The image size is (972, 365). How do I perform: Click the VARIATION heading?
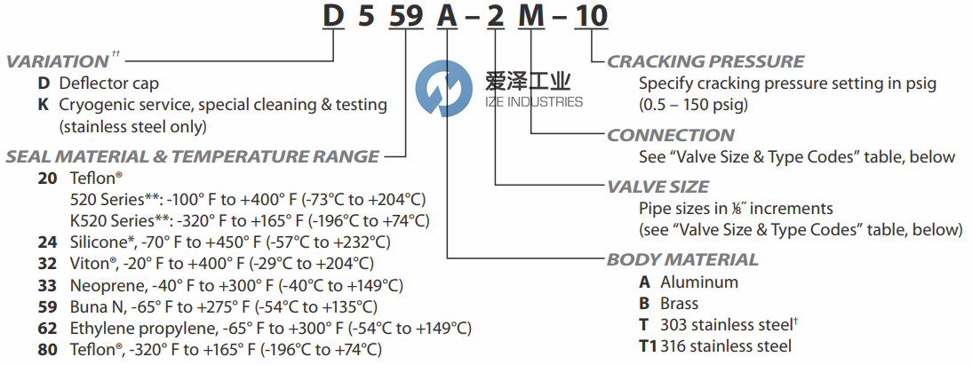pos(57,62)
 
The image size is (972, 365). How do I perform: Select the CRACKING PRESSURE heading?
pos(705,62)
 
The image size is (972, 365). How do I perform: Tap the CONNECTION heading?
pos(671,135)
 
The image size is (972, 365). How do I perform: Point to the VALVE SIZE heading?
pos(657,186)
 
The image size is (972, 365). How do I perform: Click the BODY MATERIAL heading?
pos(682,260)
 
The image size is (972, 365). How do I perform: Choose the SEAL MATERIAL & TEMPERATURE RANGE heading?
pos(192,157)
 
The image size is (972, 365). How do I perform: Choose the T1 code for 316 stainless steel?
pos(648,345)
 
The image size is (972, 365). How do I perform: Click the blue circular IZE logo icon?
pos(442,88)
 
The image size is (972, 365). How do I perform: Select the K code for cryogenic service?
pos(43,105)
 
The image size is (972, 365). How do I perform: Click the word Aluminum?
pos(698,282)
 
